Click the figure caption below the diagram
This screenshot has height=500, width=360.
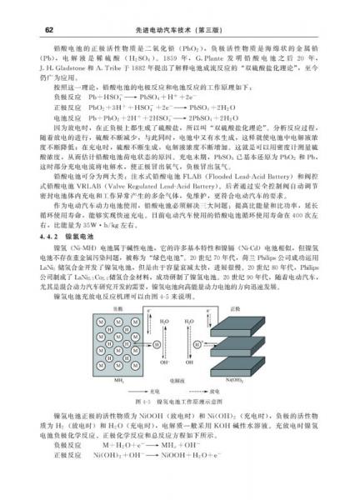pyautogui.click(x=180, y=402)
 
